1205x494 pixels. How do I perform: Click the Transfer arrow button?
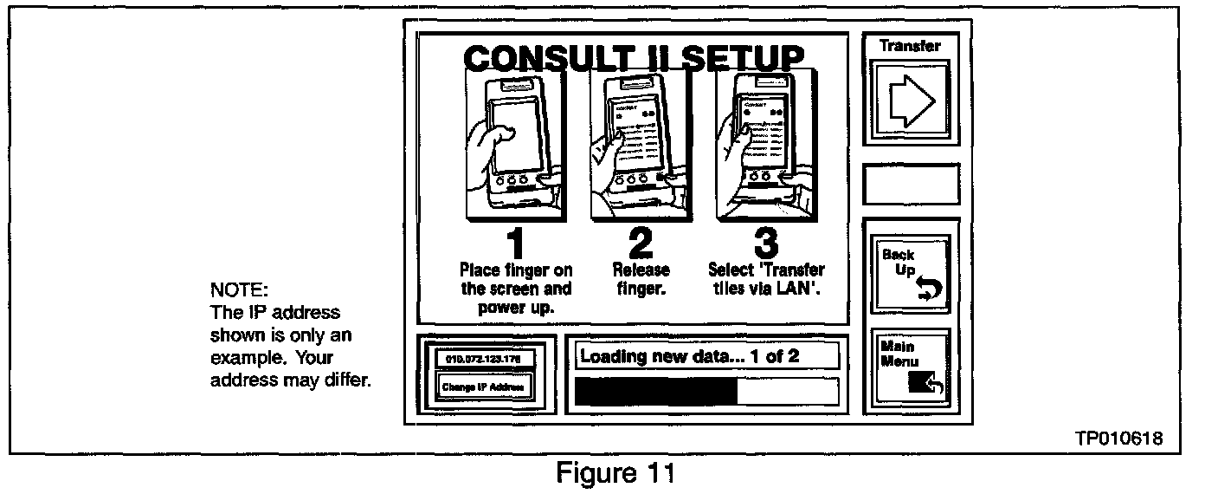911,101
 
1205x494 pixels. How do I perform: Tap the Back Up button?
911,273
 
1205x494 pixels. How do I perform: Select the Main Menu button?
911,367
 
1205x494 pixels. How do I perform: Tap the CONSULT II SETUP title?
633,58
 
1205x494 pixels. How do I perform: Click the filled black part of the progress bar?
655,391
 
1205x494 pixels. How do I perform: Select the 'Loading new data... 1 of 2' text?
689,355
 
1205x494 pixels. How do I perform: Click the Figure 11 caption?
615,474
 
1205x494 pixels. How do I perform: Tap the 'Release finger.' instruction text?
641,280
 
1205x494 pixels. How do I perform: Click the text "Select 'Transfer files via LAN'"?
766,280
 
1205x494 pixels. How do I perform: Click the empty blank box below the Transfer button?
911,185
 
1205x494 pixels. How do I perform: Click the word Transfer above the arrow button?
910,45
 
